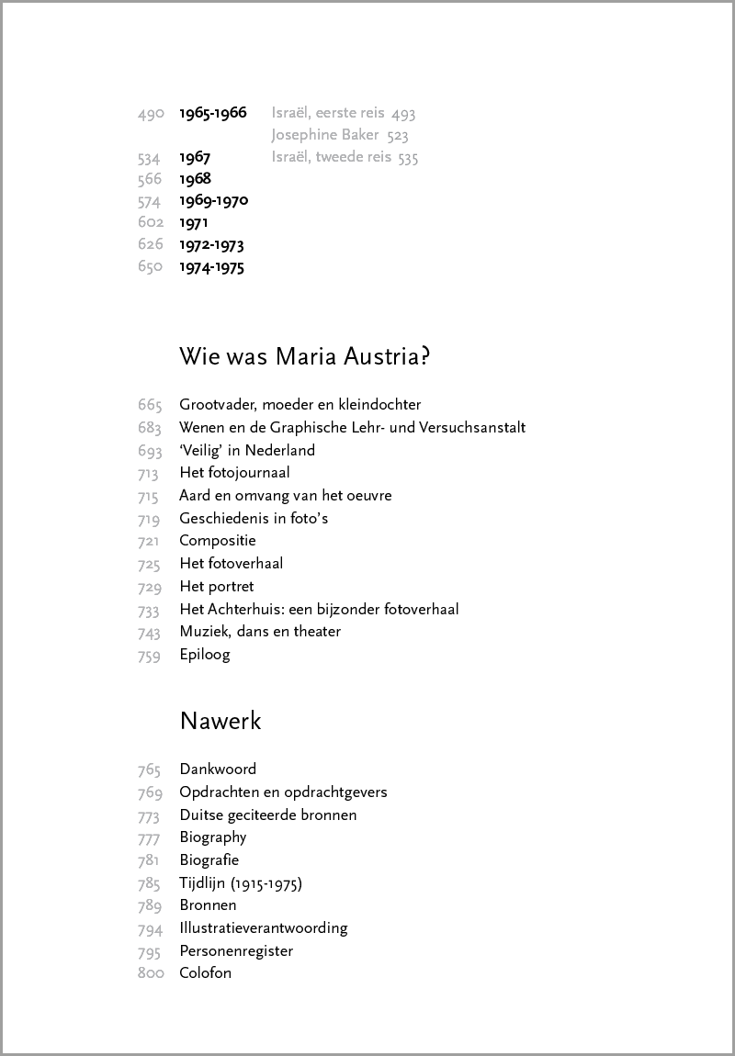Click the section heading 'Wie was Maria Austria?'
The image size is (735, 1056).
pos(304,356)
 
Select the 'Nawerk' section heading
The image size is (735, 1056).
pos(220,721)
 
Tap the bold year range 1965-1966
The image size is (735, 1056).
pos(213,113)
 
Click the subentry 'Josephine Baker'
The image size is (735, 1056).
pos(326,136)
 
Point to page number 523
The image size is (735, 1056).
pos(398,136)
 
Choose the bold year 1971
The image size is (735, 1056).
pos(194,222)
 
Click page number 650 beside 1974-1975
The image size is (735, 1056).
pos(150,267)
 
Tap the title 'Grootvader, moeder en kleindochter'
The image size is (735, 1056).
pos(300,404)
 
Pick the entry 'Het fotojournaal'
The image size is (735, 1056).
pos(234,473)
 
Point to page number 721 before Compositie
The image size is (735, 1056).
pos(150,541)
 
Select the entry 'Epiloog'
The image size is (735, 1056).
pos(205,655)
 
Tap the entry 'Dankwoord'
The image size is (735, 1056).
pos(218,769)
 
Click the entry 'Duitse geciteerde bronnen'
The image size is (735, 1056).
pos(268,814)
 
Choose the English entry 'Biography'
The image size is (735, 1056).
pos(213,837)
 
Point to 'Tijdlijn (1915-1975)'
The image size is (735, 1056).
pos(241,883)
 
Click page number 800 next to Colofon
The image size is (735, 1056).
pos(151,973)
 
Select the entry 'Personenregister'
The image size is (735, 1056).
pos(236,950)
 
